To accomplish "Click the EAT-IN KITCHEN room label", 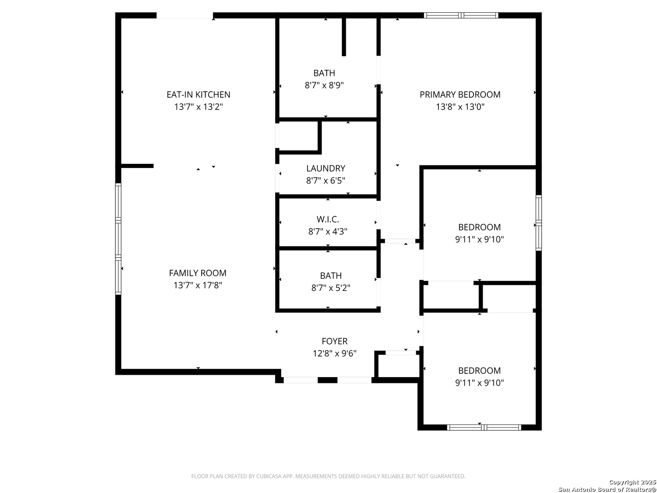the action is click(198, 94).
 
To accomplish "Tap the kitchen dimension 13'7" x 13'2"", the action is click(198, 107).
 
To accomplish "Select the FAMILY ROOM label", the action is click(198, 273).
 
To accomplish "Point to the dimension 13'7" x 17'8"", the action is click(198, 285).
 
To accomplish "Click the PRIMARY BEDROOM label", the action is click(460, 94).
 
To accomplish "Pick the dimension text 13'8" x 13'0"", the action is click(460, 107).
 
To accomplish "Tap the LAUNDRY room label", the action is click(326, 168).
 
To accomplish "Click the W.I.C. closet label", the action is click(328, 220).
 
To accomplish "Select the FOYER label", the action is click(334, 341).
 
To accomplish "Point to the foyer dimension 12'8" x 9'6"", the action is click(334, 353).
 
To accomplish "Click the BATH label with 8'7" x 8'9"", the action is click(324, 73).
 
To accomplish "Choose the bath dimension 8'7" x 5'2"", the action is click(331, 288).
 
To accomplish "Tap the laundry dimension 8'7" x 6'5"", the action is click(326, 180).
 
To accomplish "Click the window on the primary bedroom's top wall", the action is click(461, 15).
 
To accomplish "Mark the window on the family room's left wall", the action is click(118, 239).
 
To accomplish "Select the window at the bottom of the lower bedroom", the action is click(484, 427).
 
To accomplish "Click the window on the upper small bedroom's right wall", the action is click(538, 223).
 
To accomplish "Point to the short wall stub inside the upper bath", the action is click(344, 37).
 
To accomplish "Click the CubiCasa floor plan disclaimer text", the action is click(328, 476).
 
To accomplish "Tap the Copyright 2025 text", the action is click(631, 482).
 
